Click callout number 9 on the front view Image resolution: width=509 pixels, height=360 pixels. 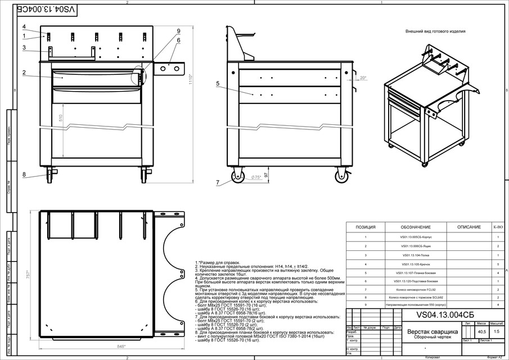(178, 31)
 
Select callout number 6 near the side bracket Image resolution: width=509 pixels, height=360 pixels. (178, 40)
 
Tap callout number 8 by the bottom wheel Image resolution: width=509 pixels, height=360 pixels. (24, 174)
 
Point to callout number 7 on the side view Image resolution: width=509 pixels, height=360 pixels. (217, 183)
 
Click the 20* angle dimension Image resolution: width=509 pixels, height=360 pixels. (363, 78)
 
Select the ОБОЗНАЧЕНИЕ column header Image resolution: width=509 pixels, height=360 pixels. (416, 227)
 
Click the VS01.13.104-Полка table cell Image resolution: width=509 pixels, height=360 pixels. (416, 255)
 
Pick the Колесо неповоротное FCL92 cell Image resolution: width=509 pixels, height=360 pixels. (416, 289)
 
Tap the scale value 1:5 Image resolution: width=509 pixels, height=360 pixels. (497, 332)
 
